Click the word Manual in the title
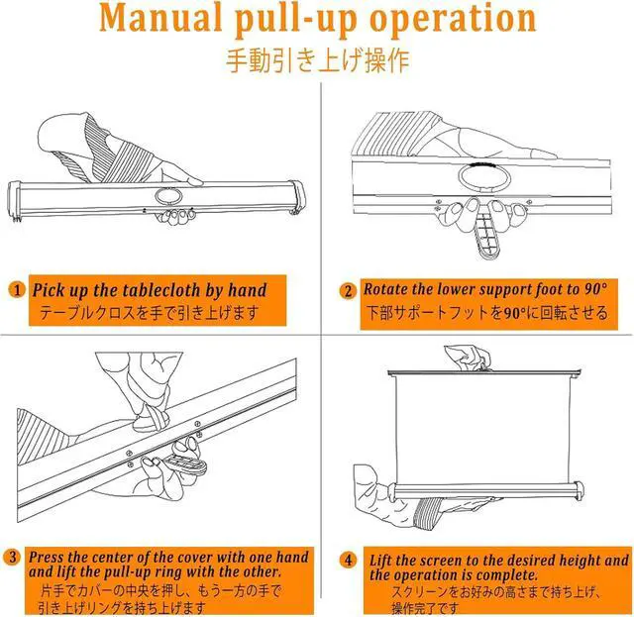point(160,18)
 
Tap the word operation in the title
point(453,20)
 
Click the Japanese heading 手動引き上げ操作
point(317,60)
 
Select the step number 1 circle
point(17,290)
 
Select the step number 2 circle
point(348,291)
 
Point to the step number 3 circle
point(12,557)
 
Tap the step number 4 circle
point(348,560)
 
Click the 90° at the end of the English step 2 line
point(595,288)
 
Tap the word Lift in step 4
point(380,561)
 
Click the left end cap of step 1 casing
point(15,202)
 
